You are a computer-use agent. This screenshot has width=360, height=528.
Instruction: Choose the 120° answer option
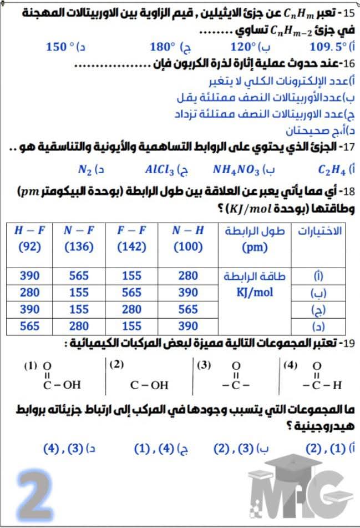pos(245,46)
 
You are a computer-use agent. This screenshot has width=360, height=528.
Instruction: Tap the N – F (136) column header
pos(78,239)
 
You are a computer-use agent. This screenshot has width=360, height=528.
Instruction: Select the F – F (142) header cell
pos(131,239)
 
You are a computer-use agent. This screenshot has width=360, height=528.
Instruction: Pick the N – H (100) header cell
pos(188,239)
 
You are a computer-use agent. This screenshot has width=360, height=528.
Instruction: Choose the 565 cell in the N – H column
pos(188,309)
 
